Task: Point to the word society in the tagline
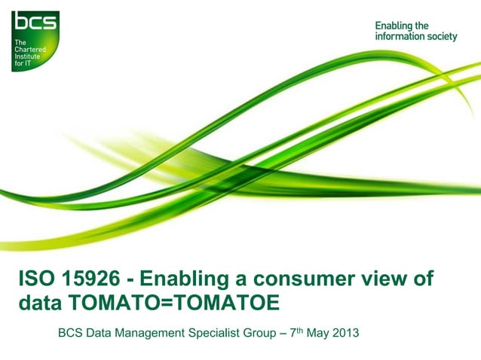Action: pos(441,36)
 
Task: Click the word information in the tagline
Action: pos(399,36)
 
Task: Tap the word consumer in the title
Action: pos(291,279)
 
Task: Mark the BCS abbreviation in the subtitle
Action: pos(71,331)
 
